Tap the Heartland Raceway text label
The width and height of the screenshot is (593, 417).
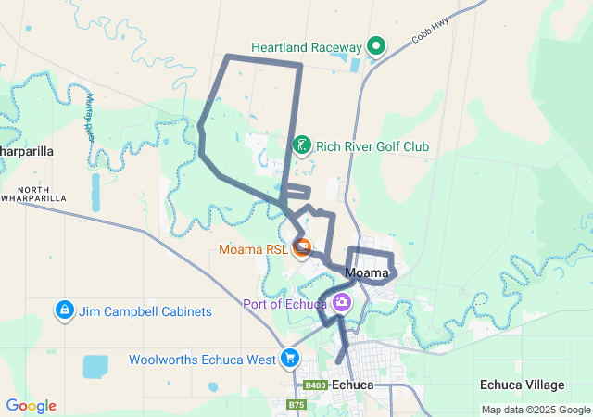[x=307, y=47]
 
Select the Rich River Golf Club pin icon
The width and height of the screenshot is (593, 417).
[x=302, y=146]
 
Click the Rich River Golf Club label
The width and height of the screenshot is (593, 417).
[x=372, y=146]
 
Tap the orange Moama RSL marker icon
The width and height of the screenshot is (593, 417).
[x=302, y=247]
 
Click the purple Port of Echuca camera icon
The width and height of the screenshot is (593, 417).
[x=342, y=303]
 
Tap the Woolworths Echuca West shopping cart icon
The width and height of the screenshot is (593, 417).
[x=290, y=358]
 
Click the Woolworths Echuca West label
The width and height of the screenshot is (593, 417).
[x=202, y=359]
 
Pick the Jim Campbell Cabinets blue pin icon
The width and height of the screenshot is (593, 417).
[x=64, y=310]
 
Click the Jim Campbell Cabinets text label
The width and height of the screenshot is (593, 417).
[x=145, y=311]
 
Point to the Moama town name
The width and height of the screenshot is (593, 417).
[x=366, y=272]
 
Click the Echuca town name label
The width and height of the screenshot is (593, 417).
[x=351, y=384]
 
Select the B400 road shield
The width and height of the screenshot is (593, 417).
[x=315, y=385]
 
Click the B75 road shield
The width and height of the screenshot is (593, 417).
[x=296, y=404]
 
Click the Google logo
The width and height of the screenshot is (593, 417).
[x=31, y=406]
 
